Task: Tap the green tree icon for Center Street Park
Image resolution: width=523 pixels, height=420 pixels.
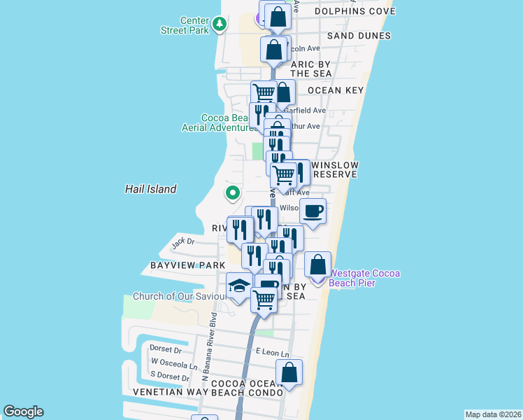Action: (220, 25)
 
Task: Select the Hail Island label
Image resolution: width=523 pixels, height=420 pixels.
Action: (150, 189)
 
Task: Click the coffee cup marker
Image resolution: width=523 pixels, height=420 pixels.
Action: (313, 211)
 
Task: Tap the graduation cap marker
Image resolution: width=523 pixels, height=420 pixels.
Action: (238, 287)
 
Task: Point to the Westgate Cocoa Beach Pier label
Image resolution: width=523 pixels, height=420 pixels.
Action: (364, 278)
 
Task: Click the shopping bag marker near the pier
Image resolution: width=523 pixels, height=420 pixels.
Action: (318, 266)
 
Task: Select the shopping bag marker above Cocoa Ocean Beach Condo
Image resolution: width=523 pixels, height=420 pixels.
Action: (289, 372)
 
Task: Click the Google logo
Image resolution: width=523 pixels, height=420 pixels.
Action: (23, 412)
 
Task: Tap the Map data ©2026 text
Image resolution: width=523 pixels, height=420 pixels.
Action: (494, 414)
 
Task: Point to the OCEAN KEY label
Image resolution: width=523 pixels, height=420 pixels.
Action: (336, 90)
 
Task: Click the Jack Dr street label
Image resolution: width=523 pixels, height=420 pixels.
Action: (182, 241)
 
